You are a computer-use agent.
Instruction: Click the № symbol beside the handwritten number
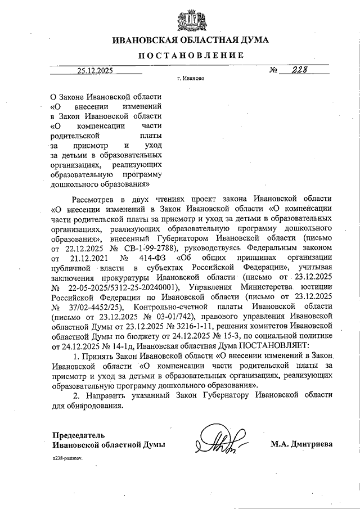pyautogui.click(x=275, y=71)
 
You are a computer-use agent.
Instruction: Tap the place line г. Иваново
pyautogui.click(x=190, y=79)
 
